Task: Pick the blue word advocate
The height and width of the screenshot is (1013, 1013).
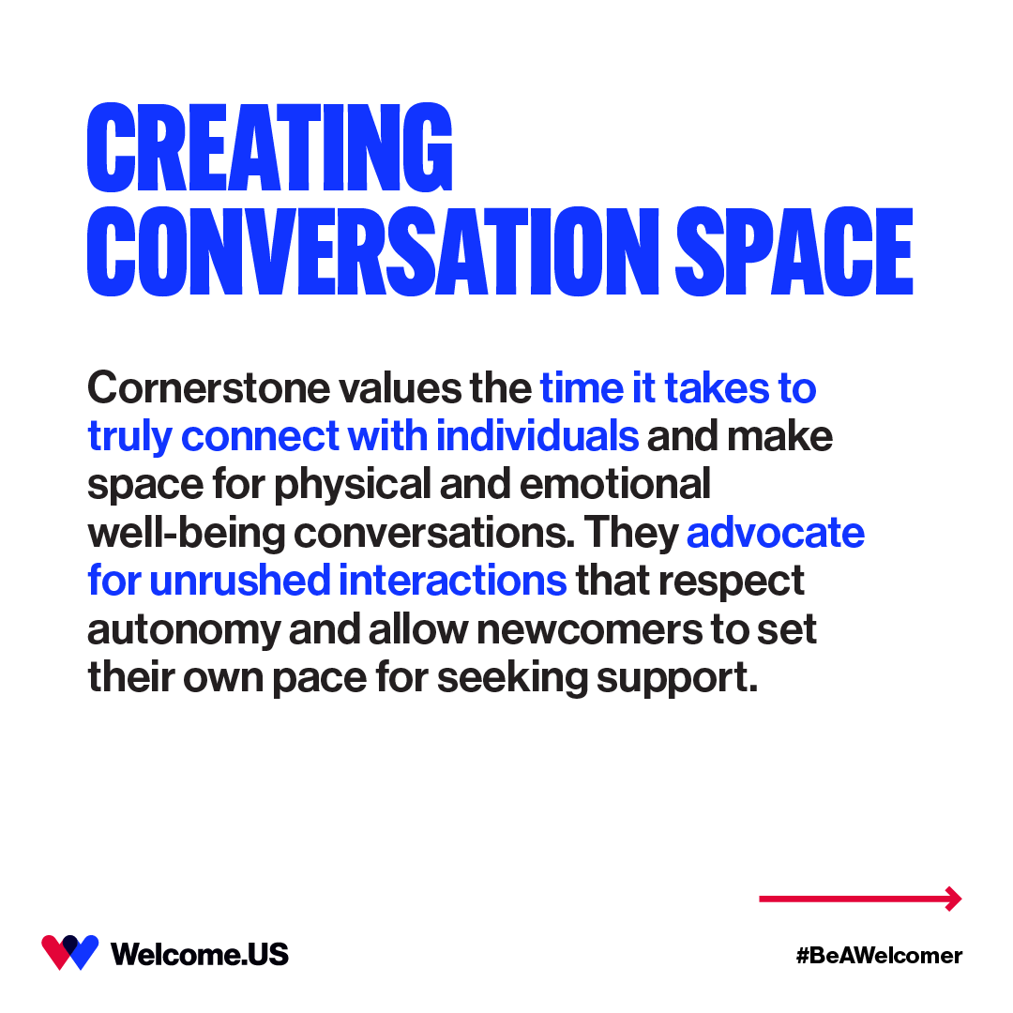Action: [776, 533]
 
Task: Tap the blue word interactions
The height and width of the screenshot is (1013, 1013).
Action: [453, 581]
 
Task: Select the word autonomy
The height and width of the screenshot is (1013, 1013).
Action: [183, 630]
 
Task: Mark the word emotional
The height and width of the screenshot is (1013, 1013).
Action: [615, 485]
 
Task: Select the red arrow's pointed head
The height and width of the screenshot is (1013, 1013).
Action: [954, 899]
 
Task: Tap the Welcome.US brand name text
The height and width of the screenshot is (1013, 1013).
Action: [200, 955]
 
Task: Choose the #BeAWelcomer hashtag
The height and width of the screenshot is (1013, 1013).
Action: [879, 956]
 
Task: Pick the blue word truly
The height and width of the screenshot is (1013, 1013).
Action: [129, 437]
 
